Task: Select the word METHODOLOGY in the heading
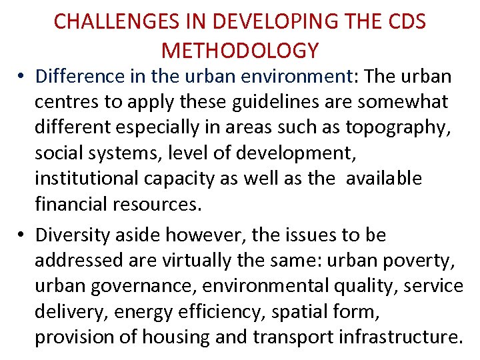(240, 50)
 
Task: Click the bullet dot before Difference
(23, 77)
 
